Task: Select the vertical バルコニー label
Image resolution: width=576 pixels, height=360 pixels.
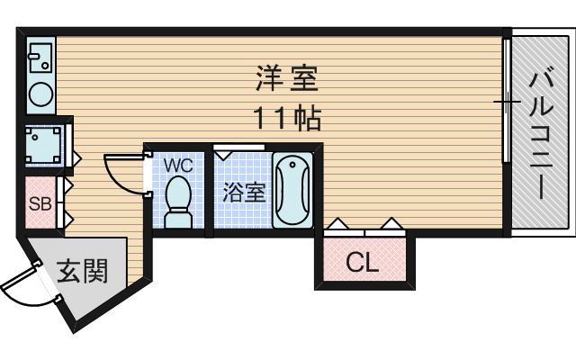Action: pyautogui.click(x=541, y=135)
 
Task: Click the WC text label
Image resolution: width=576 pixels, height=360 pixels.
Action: pyautogui.click(x=177, y=166)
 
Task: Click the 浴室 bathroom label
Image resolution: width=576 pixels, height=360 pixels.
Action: pyautogui.click(x=242, y=192)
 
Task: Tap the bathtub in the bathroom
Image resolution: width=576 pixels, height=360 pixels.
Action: pyautogui.click(x=292, y=191)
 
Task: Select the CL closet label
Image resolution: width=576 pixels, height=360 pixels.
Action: pyautogui.click(x=363, y=263)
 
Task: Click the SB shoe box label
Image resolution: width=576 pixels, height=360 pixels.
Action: pyautogui.click(x=40, y=202)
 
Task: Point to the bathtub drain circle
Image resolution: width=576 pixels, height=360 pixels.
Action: pyautogui.click(x=292, y=166)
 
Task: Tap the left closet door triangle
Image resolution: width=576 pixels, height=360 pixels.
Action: pyautogui.click(x=338, y=222)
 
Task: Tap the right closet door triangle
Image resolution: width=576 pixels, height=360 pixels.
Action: pyautogui.click(x=391, y=222)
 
